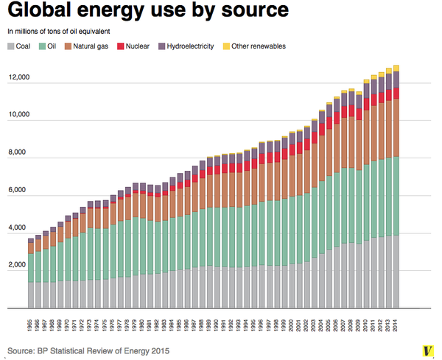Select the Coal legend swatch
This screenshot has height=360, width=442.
coord(10,46)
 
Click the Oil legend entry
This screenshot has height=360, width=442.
coord(47,46)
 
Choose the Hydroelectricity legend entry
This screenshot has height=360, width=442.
coord(184,46)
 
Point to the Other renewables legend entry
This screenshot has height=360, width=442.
coord(254,46)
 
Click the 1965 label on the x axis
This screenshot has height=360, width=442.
coord(30,324)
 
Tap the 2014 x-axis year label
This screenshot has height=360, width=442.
coord(396,324)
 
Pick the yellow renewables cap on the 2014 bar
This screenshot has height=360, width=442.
coord(396,68)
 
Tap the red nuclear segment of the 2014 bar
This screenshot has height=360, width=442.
coord(396,93)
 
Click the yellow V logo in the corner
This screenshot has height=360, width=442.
coord(425,348)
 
